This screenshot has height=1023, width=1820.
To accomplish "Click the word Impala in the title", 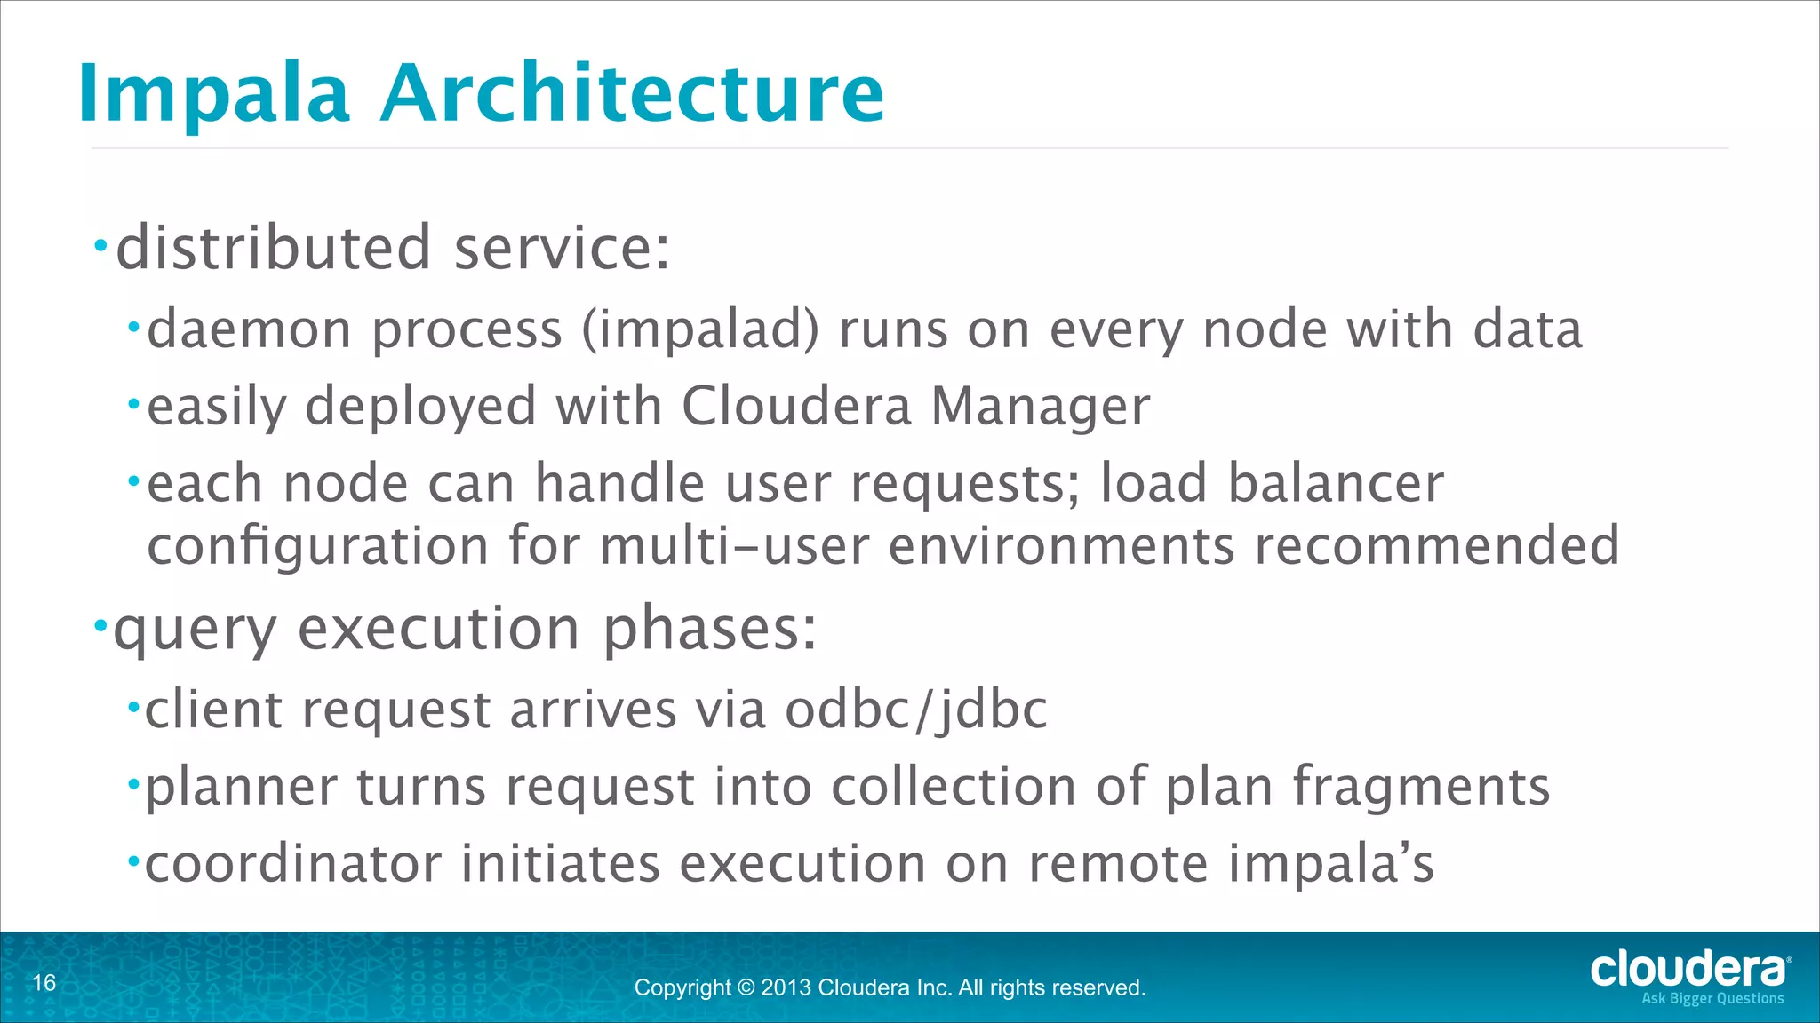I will [x=213, y=93].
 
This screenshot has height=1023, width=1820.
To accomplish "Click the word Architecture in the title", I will [x=633, y=93].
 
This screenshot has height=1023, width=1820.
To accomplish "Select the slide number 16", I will [x=44, y=983].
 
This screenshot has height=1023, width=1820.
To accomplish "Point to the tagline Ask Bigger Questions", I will [x=1712, y=999].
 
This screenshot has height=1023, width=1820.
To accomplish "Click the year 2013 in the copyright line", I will [x=786, y=988].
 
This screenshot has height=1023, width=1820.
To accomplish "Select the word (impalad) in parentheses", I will [x=700, y=330].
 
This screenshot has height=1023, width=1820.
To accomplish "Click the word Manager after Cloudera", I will [x=1040, y=407].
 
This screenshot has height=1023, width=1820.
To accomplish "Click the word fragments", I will [x=1420, y=788].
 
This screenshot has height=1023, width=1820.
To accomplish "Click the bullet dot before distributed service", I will [x=101, y=243].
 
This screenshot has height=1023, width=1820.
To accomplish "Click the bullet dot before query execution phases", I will [x=100, y=623].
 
